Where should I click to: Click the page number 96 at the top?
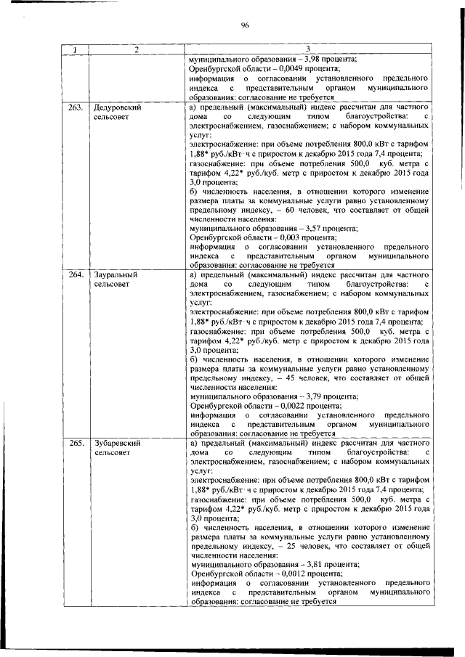tap(245, 25)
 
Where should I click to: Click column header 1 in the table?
tap(74, 49)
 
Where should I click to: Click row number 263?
tap(75, 107)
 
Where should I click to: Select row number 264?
tap(75, 275)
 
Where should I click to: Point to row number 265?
tap(75, 443)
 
